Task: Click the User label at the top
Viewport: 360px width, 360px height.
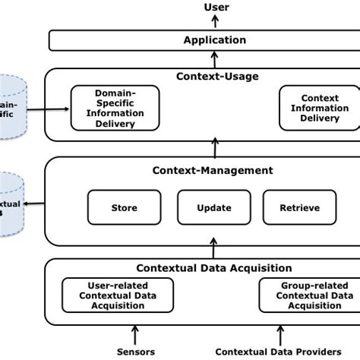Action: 216,8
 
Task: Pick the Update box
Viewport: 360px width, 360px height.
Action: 214,207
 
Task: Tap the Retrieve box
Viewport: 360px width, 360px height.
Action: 300,207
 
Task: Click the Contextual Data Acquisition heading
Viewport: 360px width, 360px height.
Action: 213,267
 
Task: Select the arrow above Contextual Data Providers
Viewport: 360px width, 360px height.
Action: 282,334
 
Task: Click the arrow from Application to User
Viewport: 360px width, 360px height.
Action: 215,23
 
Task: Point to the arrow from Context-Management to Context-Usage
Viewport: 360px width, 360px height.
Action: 215,148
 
